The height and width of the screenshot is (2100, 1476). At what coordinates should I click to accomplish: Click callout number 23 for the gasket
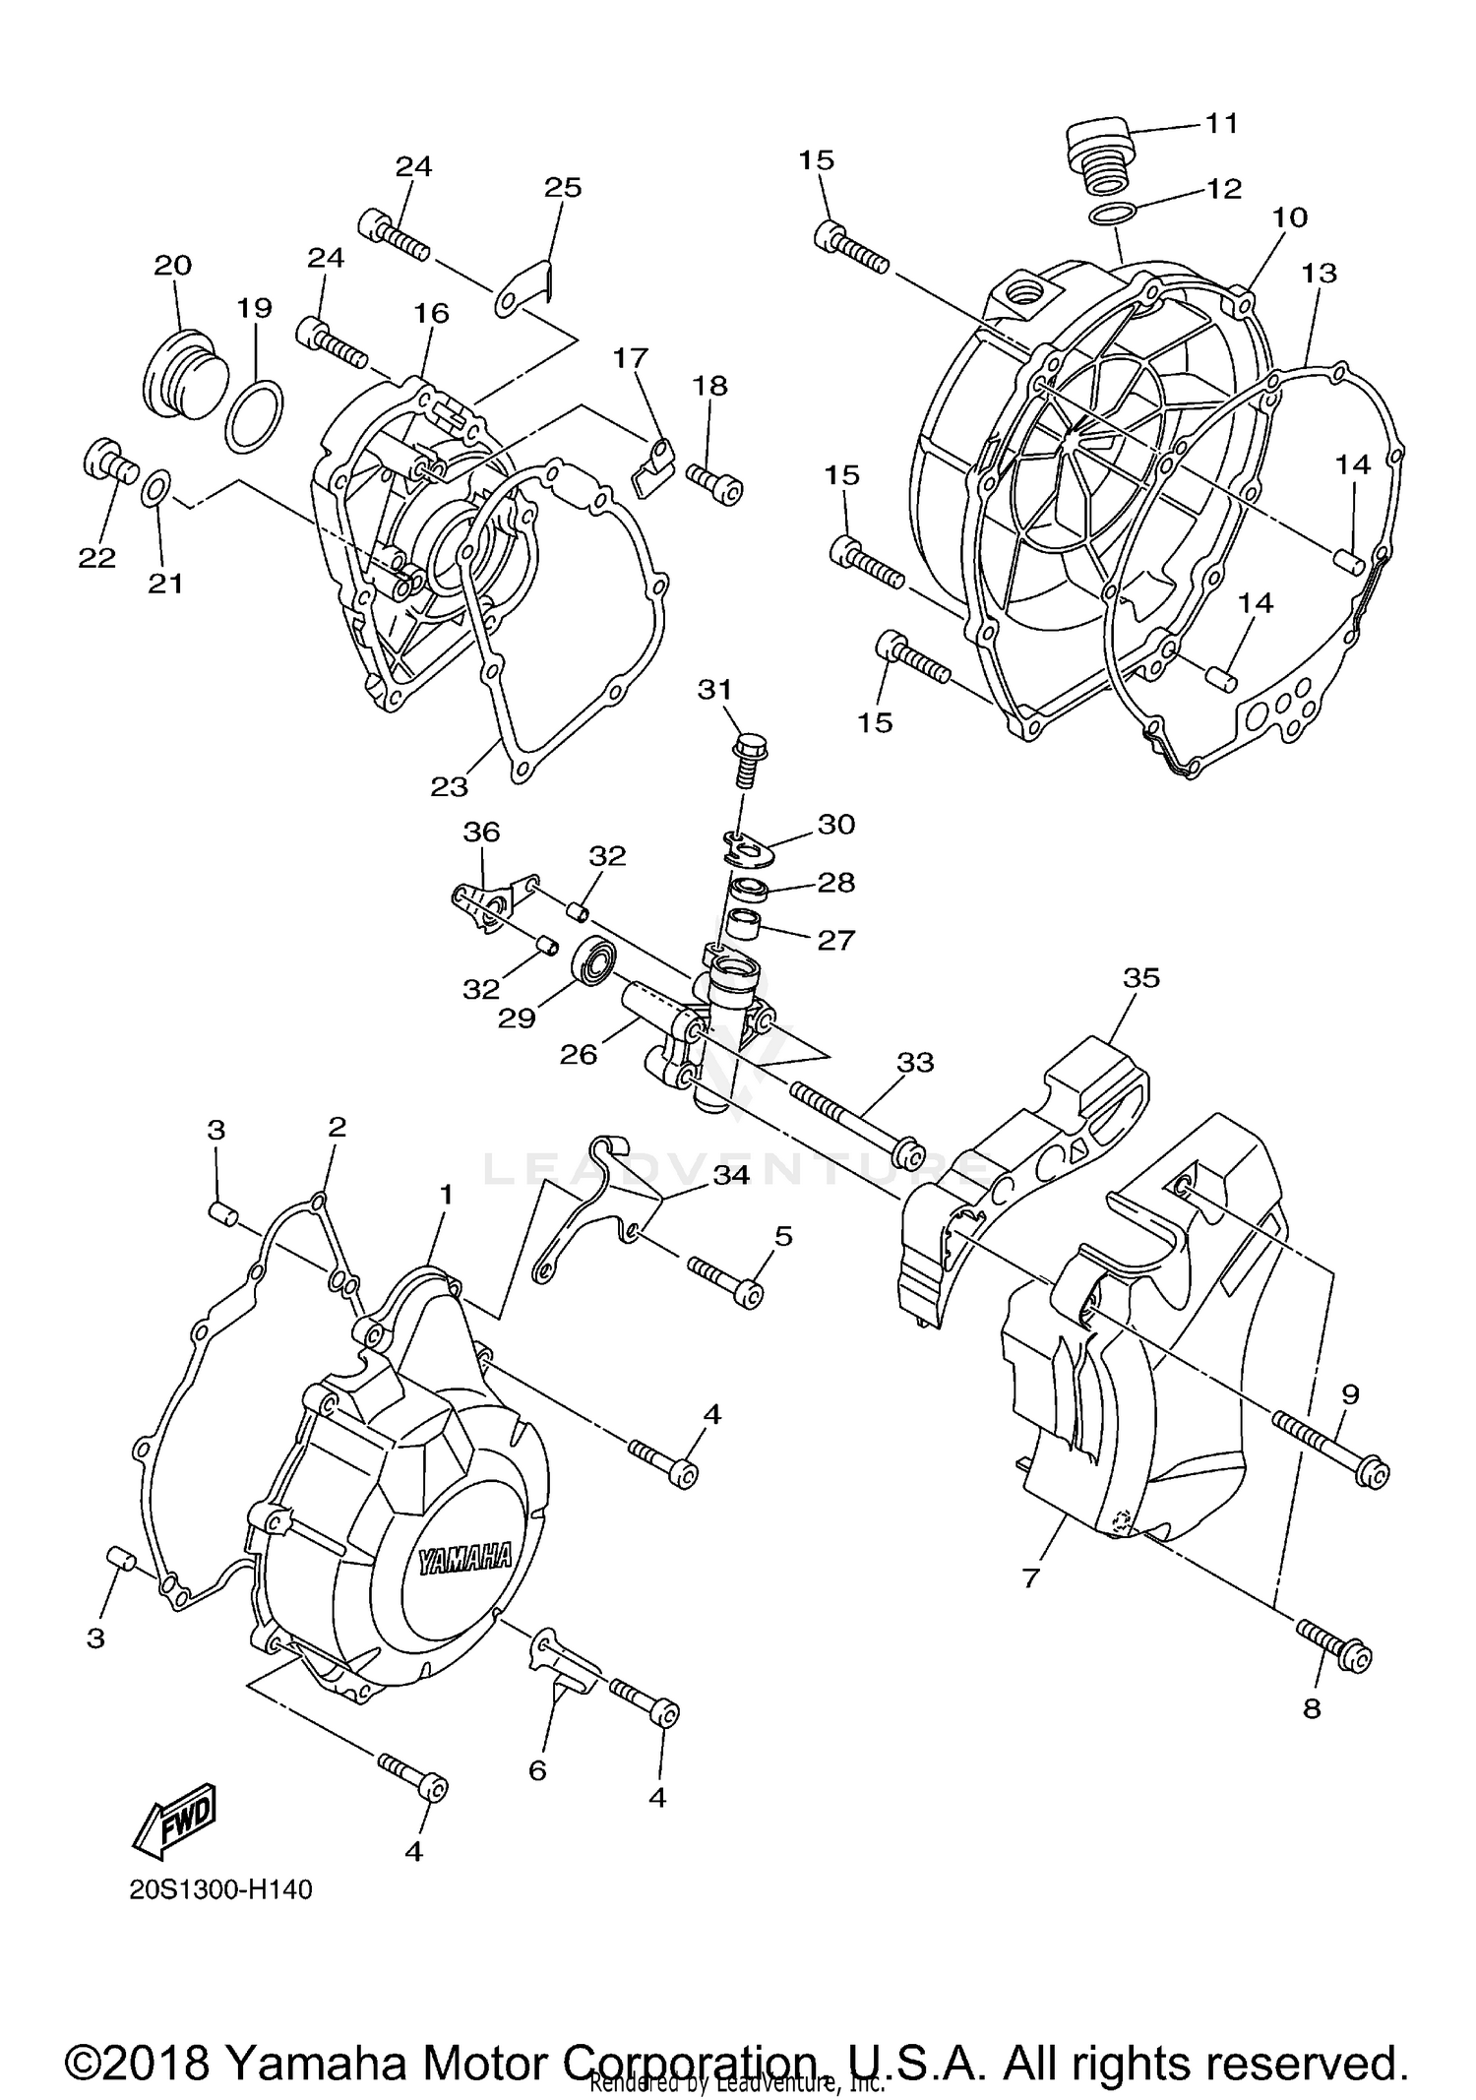point(449,786)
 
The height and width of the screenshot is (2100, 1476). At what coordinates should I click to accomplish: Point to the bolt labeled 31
point(749,760)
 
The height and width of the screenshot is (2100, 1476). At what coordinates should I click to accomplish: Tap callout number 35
point(1141,978)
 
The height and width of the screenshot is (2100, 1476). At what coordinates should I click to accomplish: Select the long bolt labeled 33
point(851,1120)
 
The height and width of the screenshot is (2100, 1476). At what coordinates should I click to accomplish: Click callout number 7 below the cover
point(1030,1578)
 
